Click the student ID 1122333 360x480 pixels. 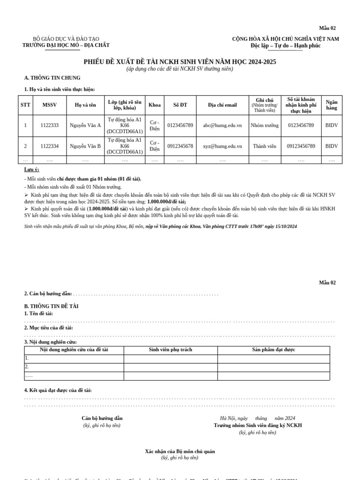click(x=49, y=126)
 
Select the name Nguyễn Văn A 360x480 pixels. click(x=85, y=126)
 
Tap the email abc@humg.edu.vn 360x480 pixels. click(x=222, y=126)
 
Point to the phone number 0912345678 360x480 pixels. click(x=180, y=146)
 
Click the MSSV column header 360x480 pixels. click(x=49, y=105)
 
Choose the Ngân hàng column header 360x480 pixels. click(x=331, y=105)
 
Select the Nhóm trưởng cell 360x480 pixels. click(x=264, y=126)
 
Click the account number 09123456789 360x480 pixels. click(x=301, y=146)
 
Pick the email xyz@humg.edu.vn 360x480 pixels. click(x=222, y=146)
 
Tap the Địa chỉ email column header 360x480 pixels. click(x=222, y=105)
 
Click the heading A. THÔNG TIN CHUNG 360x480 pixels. click(x=52, y=78)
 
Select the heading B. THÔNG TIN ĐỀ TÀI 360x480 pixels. click(x=51, y=306)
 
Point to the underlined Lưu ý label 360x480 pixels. click(x=31, y=170)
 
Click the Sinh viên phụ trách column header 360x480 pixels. click(x=171, y=350)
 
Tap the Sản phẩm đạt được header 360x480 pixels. click(x=273, y=350)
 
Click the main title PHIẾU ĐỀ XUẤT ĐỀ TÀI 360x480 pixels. click(x=180, y=62)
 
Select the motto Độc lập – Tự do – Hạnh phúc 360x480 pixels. click(x=285, y=45)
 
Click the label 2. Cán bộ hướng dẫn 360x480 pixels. click(x=48, y=293)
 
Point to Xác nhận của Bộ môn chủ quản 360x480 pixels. click(x=180, y=451)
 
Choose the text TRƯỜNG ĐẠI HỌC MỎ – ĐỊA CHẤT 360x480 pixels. click(x=66, y=45)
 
